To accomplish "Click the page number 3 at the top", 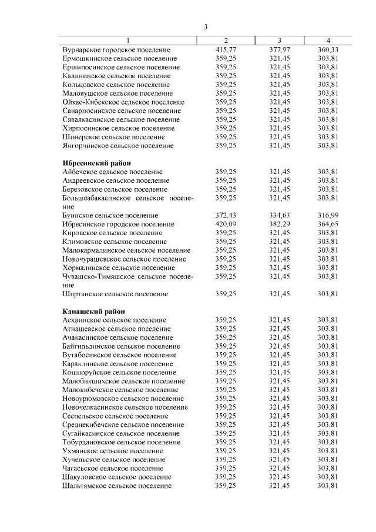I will click(206, 26).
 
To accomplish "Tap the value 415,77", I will click(226, 50).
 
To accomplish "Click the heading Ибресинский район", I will click(96, 163).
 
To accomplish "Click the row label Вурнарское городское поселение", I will click(116, 50).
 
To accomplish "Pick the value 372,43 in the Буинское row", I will click(226, 215).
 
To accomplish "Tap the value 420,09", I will click(226, 224).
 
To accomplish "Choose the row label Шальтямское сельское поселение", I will click(117, 486).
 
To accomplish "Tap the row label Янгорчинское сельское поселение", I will click(118, 145).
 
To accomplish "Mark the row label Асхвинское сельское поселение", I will click(114, 320).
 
